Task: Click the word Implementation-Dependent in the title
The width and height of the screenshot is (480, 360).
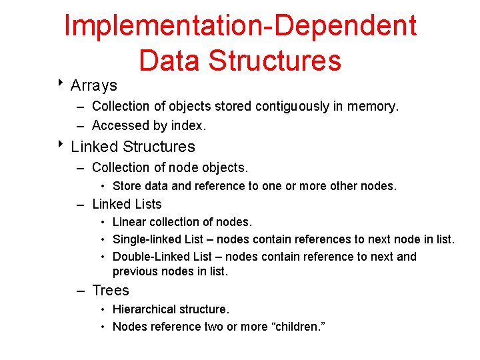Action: [240, 26]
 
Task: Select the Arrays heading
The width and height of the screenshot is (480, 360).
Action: [94, 85]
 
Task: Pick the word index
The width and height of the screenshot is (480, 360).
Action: [189, 125]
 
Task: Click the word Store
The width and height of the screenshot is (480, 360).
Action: [127, 186]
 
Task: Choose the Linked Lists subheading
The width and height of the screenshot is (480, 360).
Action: [127, 204]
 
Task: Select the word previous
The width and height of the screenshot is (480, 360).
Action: [135, 271]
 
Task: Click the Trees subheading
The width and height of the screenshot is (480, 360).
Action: [111, 291]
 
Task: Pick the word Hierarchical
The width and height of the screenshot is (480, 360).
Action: [144, 309]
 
